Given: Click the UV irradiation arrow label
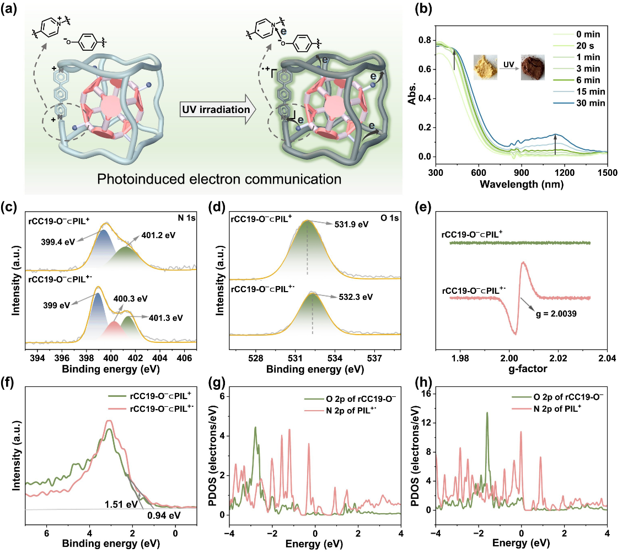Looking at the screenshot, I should pyautogui.click(x=214, y=110).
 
